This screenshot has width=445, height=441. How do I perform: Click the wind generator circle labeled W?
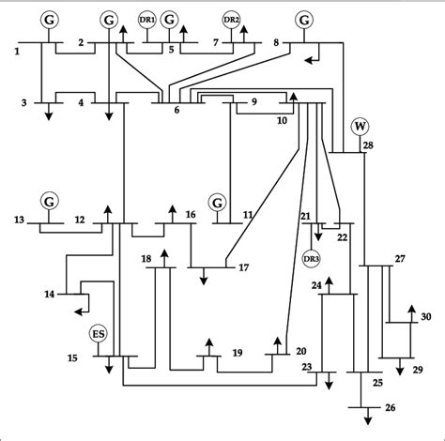pos(360,127)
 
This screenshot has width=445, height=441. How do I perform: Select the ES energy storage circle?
pos(98,334)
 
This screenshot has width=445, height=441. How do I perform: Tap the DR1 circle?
pos(147,19)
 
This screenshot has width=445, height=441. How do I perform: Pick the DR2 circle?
pos(231,19)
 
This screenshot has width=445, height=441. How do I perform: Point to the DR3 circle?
pos(311,258)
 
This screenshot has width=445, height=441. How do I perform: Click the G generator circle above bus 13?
pos(50,200)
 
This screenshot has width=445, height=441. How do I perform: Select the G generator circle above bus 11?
pos(218,201)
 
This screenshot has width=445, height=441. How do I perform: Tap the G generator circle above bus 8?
pos(303,19)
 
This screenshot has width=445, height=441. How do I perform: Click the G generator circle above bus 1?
pos(50,19)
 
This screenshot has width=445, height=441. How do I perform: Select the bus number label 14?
pos(48,294)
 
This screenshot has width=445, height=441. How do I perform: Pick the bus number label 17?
pos(243,268)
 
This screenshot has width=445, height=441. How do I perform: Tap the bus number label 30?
pos(425,318)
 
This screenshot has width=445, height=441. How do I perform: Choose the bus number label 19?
pos(237,353)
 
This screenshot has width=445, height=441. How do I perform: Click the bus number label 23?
pos(307,368)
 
